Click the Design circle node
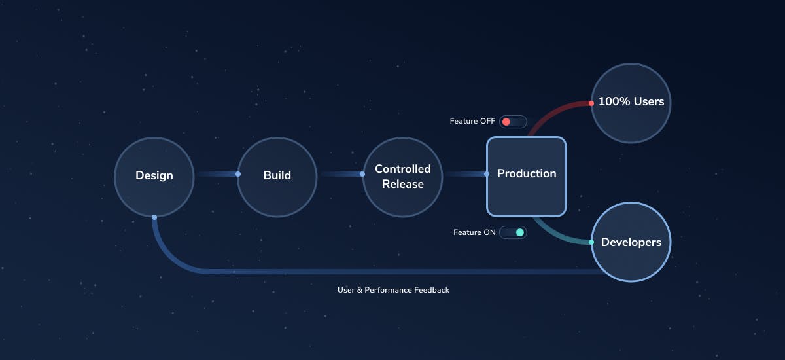click(x=154, y=176)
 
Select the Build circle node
click(x=277, y=176)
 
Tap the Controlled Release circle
click(x=402, y=176)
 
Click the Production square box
click(x=526, y=175)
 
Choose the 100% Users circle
click(x=631, y=102)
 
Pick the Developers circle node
click(x=631, y=242)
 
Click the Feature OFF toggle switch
click(x=513, y=122)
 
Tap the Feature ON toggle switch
click(x=513, y=232)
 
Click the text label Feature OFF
click(x=472, y=122)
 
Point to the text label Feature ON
click(x=474, y=232)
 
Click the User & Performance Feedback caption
click(x=393, y=289)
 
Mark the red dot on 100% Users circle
click(x=591, y=103)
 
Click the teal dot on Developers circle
click(x=591, y=242)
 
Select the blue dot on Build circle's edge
click(x=238, y=174)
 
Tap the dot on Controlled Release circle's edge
click(x=362, y=174)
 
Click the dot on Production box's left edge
click(x=487, y=174)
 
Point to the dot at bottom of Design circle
click(x=154, y=217)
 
